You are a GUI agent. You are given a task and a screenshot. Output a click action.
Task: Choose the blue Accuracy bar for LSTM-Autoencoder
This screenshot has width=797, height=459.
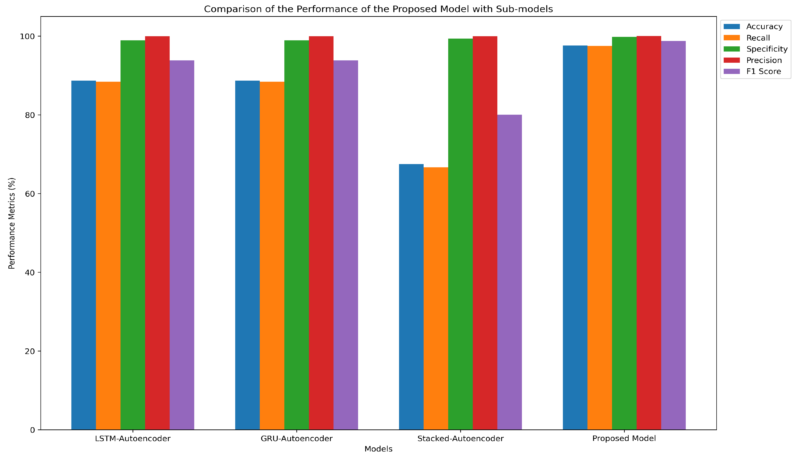coord(83,255)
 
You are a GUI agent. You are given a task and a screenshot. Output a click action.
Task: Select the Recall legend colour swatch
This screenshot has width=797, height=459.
coord(731,38)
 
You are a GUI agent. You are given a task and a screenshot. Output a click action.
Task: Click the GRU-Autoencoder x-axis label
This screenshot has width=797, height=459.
coord(297,439)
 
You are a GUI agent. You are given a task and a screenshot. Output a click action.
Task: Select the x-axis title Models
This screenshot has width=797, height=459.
coord(378,449)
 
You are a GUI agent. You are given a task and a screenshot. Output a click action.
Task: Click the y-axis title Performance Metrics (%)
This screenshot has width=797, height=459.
coord(12,223)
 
